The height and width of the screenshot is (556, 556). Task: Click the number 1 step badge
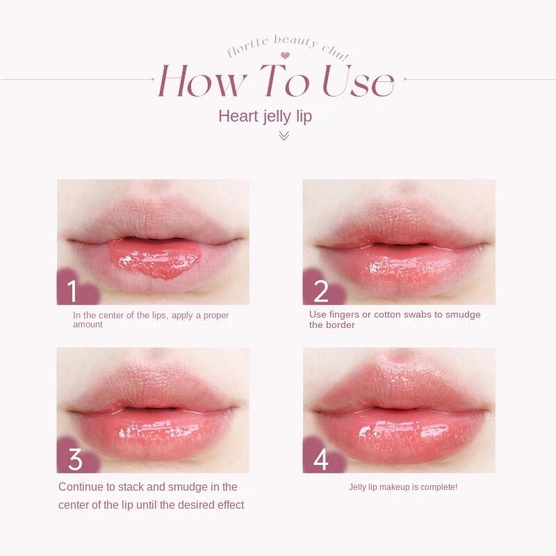click(72, 290)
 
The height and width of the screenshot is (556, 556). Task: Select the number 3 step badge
click(74, 459)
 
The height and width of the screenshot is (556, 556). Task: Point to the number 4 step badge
click(320, 459)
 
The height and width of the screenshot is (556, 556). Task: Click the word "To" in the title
click(284, 81)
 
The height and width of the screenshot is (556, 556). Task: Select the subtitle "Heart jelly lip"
click(265, 116)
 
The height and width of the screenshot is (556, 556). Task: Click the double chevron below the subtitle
click(284, 136)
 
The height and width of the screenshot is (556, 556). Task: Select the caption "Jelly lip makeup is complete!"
click(402, 487)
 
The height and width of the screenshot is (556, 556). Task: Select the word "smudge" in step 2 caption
click(464, 315)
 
